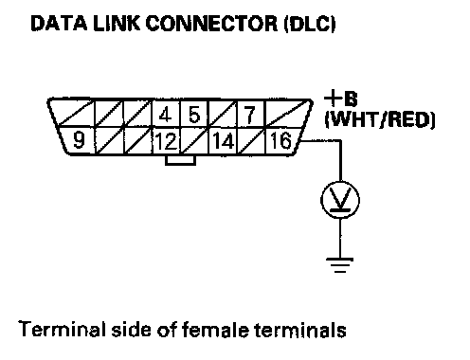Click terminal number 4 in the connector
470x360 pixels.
(x=165, y=115)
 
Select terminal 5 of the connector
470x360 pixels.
(x=194, y=115)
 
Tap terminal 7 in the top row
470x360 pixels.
(x=250, y=115)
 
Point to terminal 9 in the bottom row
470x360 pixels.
(x=79, y=140)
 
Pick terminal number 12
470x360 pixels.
(x=166, y=141)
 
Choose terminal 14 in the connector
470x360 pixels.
(x=224, y=141)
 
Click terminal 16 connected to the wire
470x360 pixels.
(x=280, y=140)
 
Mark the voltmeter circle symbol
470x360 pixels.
(x=340, y=200)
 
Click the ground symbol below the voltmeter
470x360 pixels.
(x=340, y=264)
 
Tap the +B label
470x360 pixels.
(x=341, y=99)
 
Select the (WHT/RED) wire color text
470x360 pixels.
(x=380, y=120)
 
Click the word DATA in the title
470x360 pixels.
(x=59, y=23)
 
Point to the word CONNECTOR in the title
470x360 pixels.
(x=212, y=23)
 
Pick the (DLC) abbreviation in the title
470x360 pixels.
(x=310, y=24)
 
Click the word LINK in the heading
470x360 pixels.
(x=117, y=23)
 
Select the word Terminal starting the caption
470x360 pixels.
(x=62, y=330)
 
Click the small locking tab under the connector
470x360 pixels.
(x=180, y=160)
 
